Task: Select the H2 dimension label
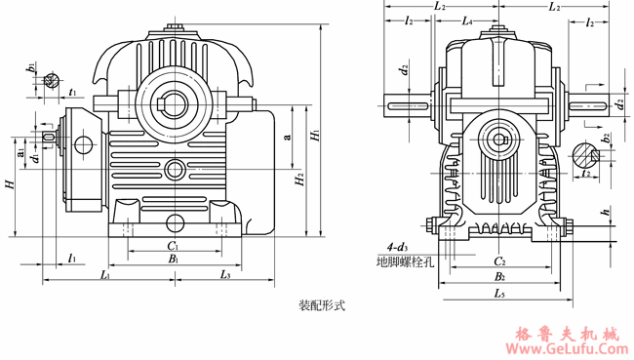[299, 180]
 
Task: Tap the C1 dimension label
[172, 247]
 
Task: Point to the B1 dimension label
[172, 260]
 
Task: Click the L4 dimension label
[467, 20]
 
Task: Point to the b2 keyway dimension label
[606, 138]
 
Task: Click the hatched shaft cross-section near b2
[584, 153]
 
